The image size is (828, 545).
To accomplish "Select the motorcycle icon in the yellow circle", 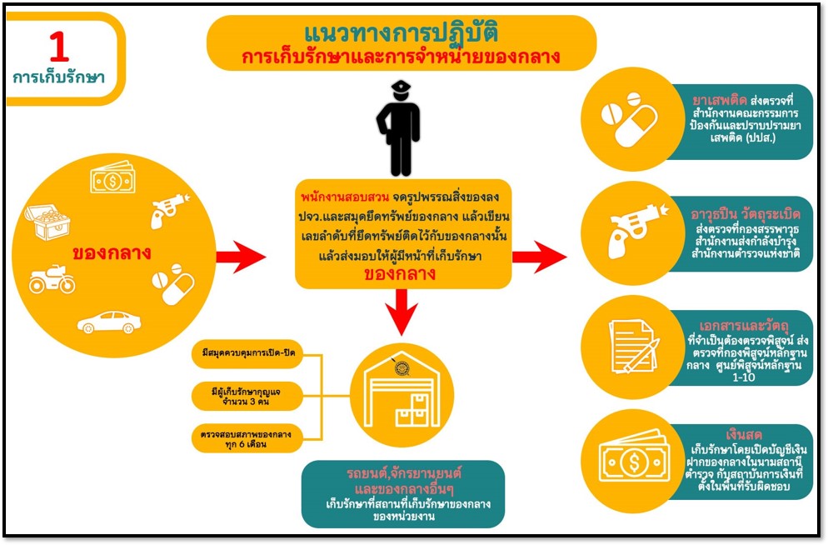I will tap(52, 280).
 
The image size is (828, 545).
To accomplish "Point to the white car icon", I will tap(109, 322).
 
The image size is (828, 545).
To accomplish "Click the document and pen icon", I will tap(633, 346).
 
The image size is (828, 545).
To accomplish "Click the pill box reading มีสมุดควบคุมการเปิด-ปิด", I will tap(244, 353).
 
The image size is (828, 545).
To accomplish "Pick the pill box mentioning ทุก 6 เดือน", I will tap(244, 439).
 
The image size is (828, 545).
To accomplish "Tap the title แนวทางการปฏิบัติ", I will tap(401, 34).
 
